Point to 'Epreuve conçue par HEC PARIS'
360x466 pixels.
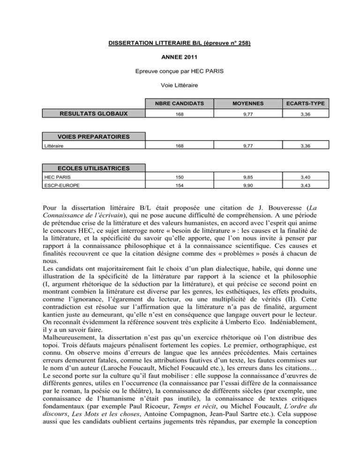pyautogui.click(x=180, y=73)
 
